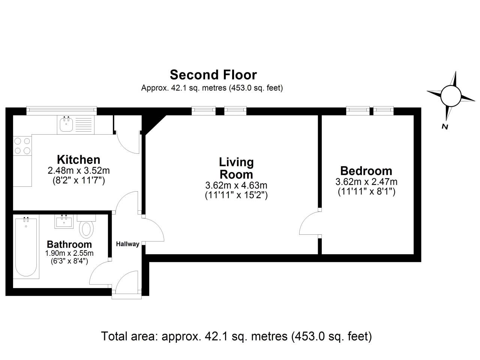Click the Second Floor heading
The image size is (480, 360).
coord(213,75)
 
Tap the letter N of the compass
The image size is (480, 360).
coord(445,127)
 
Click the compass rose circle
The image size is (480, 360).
coord(450,96)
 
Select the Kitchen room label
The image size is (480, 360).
coord(78,159)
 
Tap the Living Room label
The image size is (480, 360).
coord(236,168)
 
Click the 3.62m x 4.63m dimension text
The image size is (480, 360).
coord(236,185)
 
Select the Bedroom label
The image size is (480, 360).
coord(366,171)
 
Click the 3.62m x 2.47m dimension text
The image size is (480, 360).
coord(366,182)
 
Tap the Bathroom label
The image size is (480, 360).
coord(69,244)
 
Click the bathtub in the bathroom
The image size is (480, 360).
coord(26,247)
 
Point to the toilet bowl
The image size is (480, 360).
coord(87,229)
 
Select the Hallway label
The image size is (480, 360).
coord(127,244)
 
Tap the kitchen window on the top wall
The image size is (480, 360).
coord(61,110)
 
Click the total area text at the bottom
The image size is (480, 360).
coord(236,336)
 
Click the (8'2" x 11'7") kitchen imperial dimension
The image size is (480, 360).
coord(78,180)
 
